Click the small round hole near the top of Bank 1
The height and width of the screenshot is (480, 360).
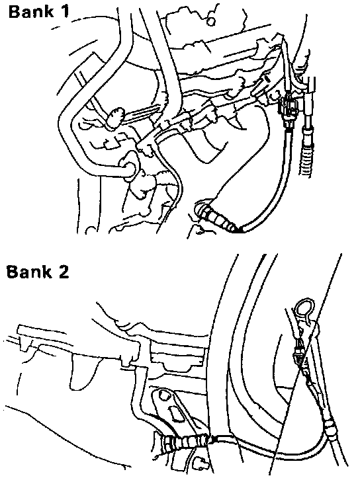point(211,21)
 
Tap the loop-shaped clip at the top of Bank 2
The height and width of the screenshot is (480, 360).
point(304,310)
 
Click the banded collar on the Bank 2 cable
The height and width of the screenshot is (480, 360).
point(330,427)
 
